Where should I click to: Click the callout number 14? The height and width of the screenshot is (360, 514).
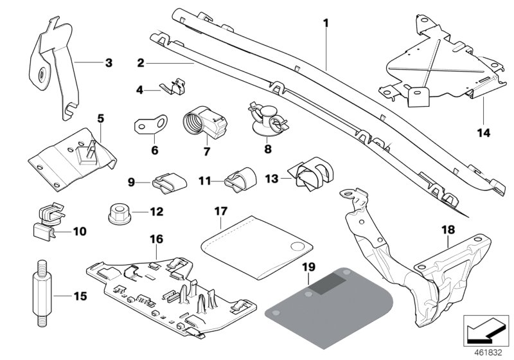pos(483,133)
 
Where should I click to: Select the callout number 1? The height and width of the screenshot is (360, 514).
pos(326,24)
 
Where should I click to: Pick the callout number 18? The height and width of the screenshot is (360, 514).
pos(447,228)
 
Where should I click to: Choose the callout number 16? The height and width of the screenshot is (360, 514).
pos(157,239)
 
